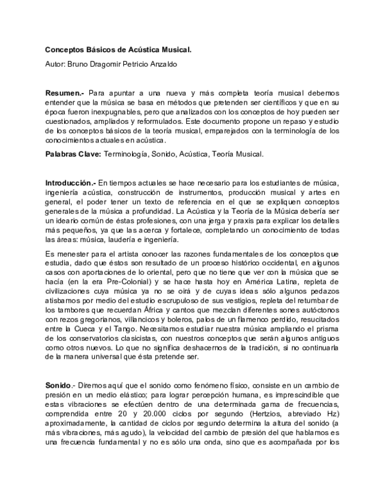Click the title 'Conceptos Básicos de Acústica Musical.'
117,49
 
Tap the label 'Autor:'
56,65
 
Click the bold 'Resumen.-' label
64,93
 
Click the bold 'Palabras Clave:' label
73,155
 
